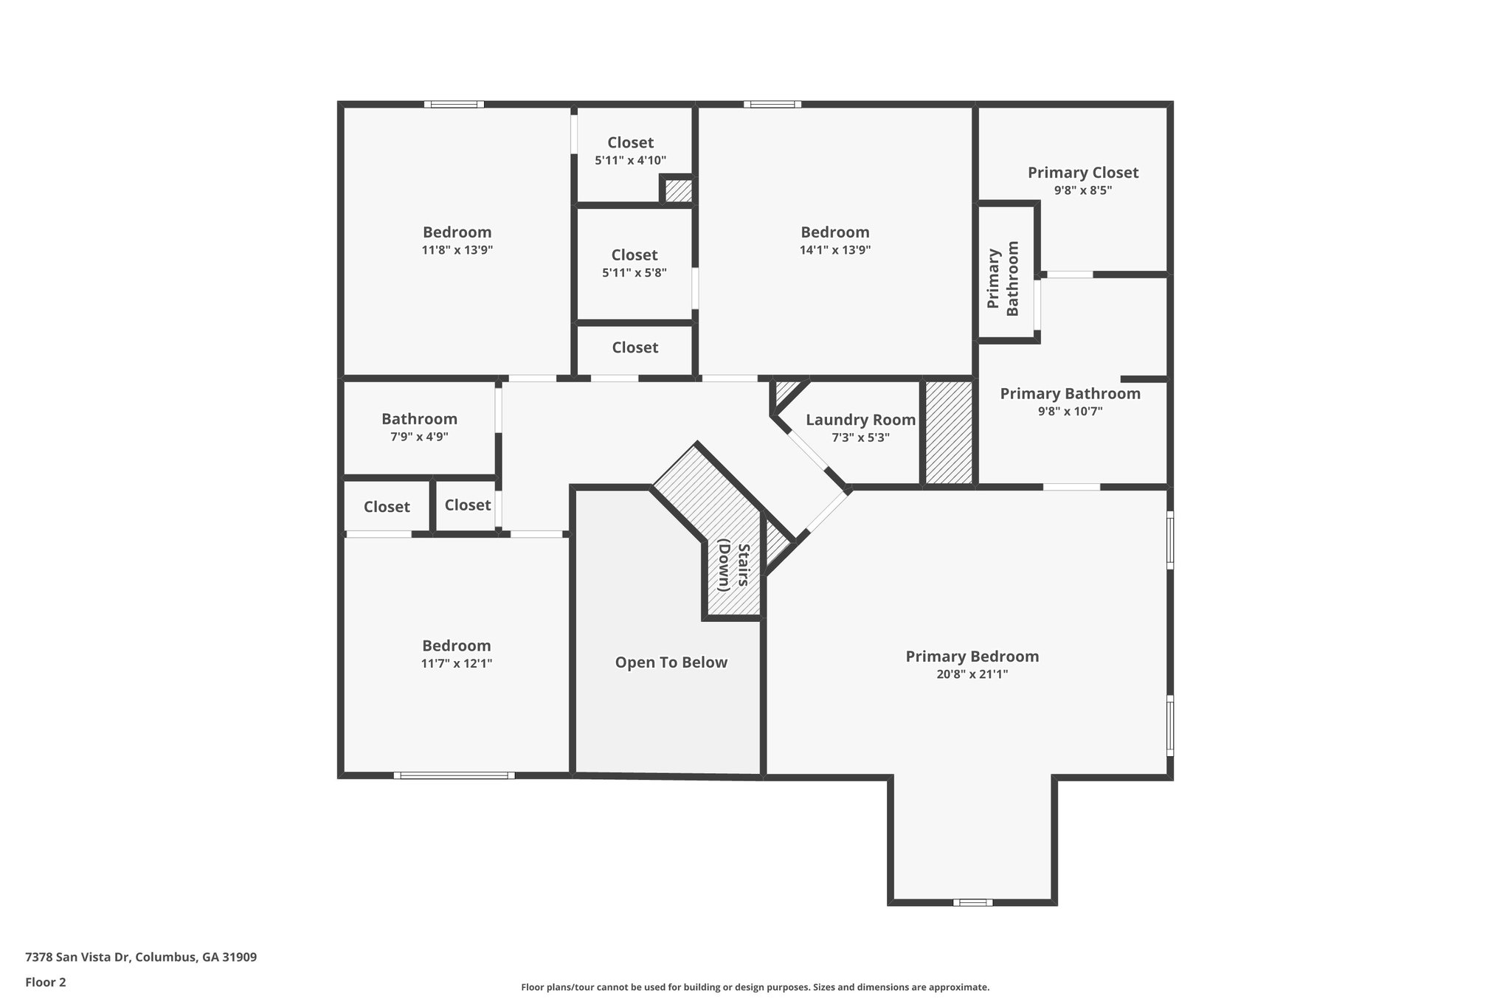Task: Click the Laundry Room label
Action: pyautogui.click(x=860, y=420)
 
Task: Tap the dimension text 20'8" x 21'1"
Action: pyautogui.click(x=972, y=674)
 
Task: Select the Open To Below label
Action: pyautogui.click(x=671, y=662)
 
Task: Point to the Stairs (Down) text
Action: pyautogui.click(x=733, y=566)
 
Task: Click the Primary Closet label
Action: pyautogui.click(x=1082, y=173)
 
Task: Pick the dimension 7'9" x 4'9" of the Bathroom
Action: pyautogui.click(x=419, y=437)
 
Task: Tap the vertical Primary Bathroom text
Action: pyautogui.click(x=1003, y=279)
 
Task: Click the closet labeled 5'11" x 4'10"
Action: pyautogui.click(x=630, y=150)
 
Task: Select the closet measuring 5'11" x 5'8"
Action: pyautogui.click(x=634, y=263)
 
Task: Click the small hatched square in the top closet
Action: pyautogui.click(x=678, y=191)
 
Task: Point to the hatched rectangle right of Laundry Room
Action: pyautogui.click(x=949, y=432)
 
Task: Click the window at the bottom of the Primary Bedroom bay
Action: pyautogui.click(x=972, y=902)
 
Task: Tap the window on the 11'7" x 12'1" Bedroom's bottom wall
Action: pyautogui.click(x=454, y=775)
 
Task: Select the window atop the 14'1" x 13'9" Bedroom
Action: pyautogui.click(x=772, y=104)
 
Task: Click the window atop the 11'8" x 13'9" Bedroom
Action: pyautogui.click(x=454, y=104)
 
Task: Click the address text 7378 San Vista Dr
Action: pyautogui.click(x=140, y=958)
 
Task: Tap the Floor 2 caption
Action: pyautogui.click(x=46, y=982)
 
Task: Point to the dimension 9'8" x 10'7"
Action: pyautogui.click(x=1070, y=412)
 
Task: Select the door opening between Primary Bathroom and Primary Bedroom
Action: pyautogui.click(x=1071, y=487)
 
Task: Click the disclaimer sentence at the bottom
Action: pyautogui.click(x=755, y=987)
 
